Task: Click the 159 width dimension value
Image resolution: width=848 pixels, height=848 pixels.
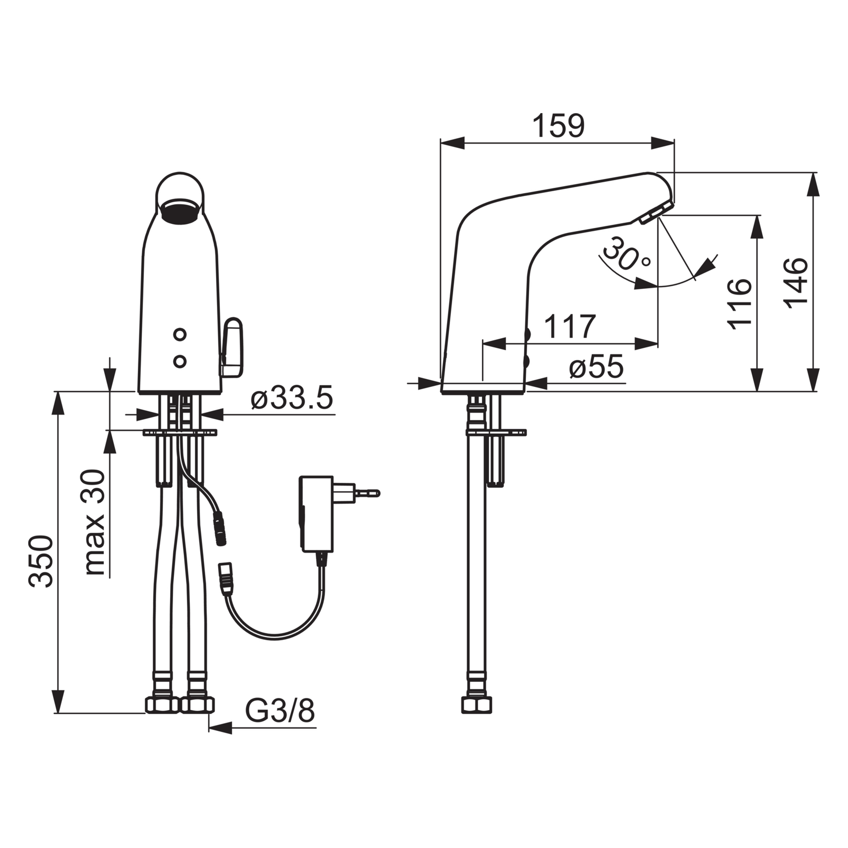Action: point(558,126)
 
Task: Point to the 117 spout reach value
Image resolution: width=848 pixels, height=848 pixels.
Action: point(570,326)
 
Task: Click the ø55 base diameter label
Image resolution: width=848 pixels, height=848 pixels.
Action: point(596,367)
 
